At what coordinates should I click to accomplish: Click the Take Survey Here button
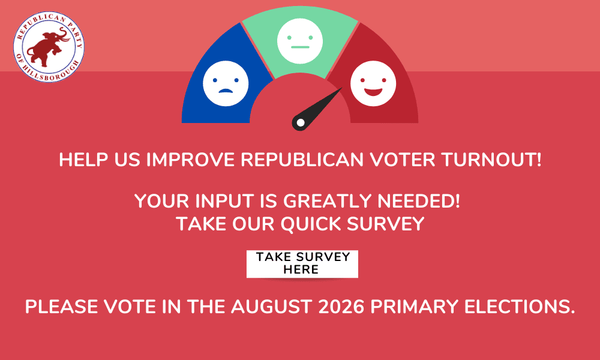click(x=302, y=263)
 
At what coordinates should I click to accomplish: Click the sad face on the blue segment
click(x=226, y=83)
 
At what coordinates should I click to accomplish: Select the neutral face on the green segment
click(x=300, y=41)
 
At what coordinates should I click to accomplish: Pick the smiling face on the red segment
click(x=373, y=83)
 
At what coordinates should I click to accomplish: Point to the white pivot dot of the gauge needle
click(x=301, y=122)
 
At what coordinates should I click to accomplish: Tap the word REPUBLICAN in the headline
click(x=302, y=160)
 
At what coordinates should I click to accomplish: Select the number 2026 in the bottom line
click(x=341, y=307)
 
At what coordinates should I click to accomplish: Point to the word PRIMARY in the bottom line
click(x=415, y=307)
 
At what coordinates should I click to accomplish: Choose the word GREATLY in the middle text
click(x=328, y=201)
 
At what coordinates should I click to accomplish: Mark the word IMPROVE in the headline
click(x=190, y=160)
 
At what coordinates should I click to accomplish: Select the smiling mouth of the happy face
click(x=373, y=92)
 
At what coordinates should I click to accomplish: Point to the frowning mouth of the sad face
click(x=226, y=91)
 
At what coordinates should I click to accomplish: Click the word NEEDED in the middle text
click(x=419, y=201)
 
